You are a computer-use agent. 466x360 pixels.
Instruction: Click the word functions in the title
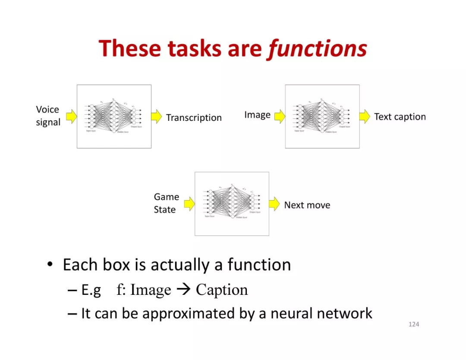(318, 49)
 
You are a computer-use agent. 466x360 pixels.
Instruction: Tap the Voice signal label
(48, 116)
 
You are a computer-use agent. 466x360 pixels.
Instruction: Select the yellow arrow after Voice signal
(71, 116)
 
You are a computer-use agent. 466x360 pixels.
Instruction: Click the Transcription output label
(194, 118)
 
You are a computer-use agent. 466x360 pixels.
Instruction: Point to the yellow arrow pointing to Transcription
(157, 116)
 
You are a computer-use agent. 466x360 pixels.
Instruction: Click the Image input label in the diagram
(257, 115)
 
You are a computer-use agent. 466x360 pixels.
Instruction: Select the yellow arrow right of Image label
(280, 116)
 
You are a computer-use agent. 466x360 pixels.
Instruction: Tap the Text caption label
(400, 117)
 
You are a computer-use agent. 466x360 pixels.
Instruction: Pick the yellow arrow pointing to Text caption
(365, 116)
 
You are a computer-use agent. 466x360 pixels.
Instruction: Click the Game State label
(166, 203)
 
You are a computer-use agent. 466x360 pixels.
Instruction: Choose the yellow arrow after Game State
(189, 204)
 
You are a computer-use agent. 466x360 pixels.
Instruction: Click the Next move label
(307, 205)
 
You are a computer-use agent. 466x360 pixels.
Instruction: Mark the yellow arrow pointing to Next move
(274, 204)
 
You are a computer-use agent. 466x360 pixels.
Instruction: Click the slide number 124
(413, 324)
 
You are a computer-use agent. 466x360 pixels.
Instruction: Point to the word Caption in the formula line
(222, 290)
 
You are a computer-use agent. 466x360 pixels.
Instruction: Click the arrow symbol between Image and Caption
(183, 290)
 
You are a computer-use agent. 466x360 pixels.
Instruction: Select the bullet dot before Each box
(50, 265)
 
